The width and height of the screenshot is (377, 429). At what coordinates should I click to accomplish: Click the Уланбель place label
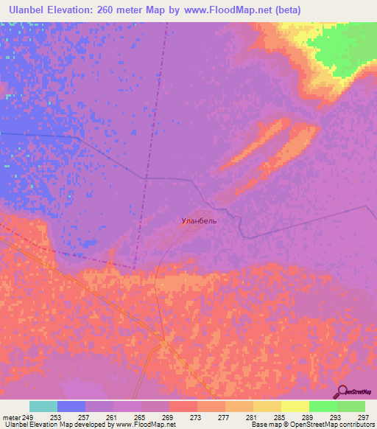click(x=199, y=220)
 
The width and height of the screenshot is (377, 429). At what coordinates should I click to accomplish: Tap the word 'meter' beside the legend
click(x=12, y=416)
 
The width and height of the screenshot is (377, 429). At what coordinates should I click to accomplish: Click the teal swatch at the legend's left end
click(x=43, y=406)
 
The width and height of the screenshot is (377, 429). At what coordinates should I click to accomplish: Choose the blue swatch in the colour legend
click(x=71, y=406)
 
